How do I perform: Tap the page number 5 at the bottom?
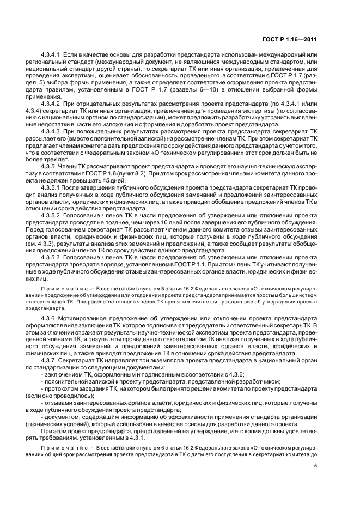[x=315, y=466]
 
